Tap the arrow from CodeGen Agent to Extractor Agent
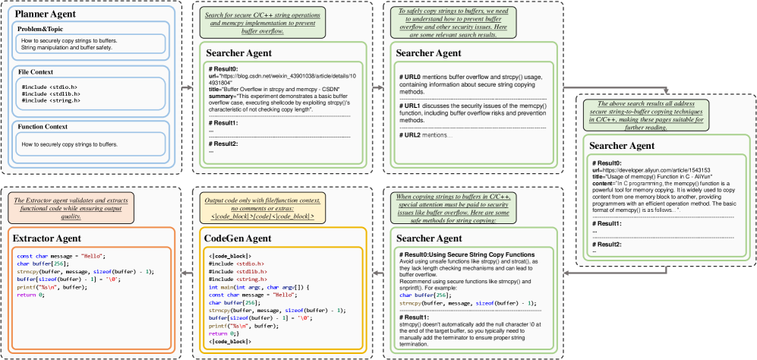[186, 271]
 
